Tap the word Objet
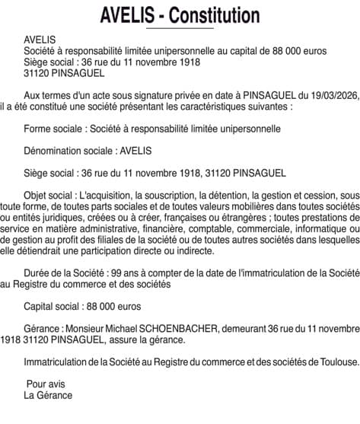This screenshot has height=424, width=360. click(x=37, y=195)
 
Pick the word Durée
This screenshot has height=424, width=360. click(x=38, y=273)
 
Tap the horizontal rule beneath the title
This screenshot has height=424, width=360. click(x=180, y=27)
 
